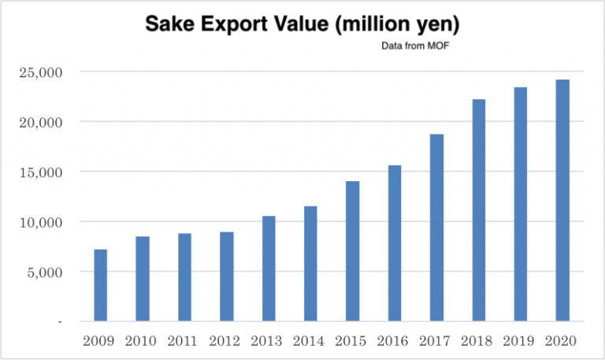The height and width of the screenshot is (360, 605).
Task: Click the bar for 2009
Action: pos(100,285)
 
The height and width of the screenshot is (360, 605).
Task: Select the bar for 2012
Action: pos(226,276)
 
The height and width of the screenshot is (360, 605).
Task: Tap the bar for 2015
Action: pos(352,251)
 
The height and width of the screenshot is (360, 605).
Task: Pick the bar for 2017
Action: pos(436,228)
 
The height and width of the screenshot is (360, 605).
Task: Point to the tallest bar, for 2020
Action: pos(562,200)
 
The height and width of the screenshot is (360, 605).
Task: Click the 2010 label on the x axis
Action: pos(143,341)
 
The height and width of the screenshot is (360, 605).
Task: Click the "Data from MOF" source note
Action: pos(414,46)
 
